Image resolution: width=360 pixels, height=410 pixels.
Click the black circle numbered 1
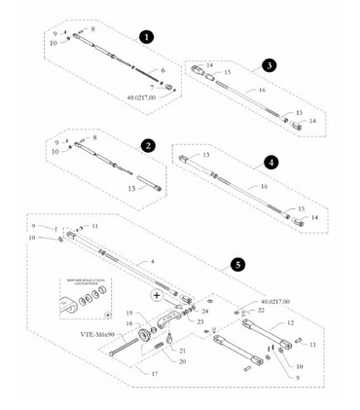coord(145,36)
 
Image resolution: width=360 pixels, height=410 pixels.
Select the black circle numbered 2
coord(147,145)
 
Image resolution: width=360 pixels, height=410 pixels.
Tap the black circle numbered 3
coord(269,67)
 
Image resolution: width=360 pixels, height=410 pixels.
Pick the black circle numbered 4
coord(270,162)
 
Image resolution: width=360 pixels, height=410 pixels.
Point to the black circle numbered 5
coord(236,264)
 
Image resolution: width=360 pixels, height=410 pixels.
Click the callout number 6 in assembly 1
coord(162,71)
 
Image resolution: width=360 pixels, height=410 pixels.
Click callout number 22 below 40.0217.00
coord(261,310)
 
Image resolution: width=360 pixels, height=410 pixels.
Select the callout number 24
coord(205,311)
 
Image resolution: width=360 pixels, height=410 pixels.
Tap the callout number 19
coord(127,313)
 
